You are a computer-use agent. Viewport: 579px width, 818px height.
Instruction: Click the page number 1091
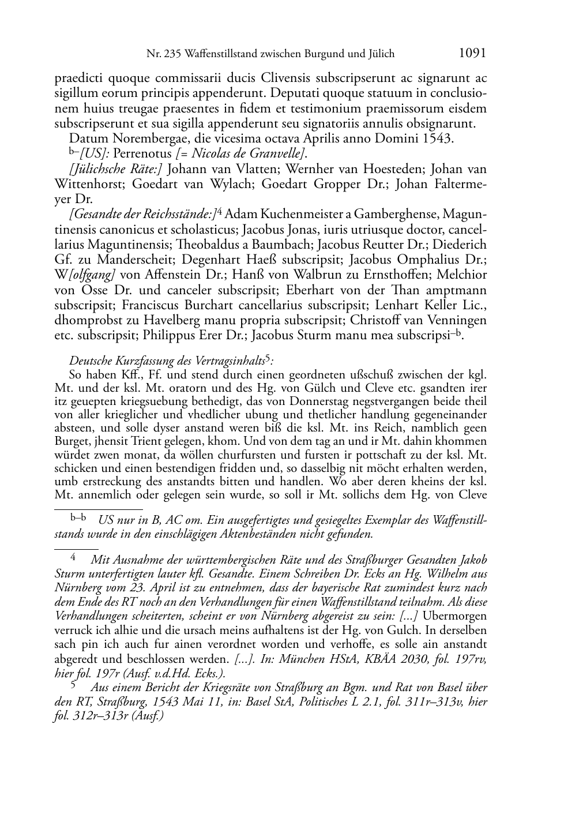[x=472, y=54]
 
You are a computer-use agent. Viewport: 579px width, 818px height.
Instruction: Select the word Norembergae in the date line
[x=132, y=138]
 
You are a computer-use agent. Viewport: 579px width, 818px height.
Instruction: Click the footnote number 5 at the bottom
[x=73, y=686]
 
